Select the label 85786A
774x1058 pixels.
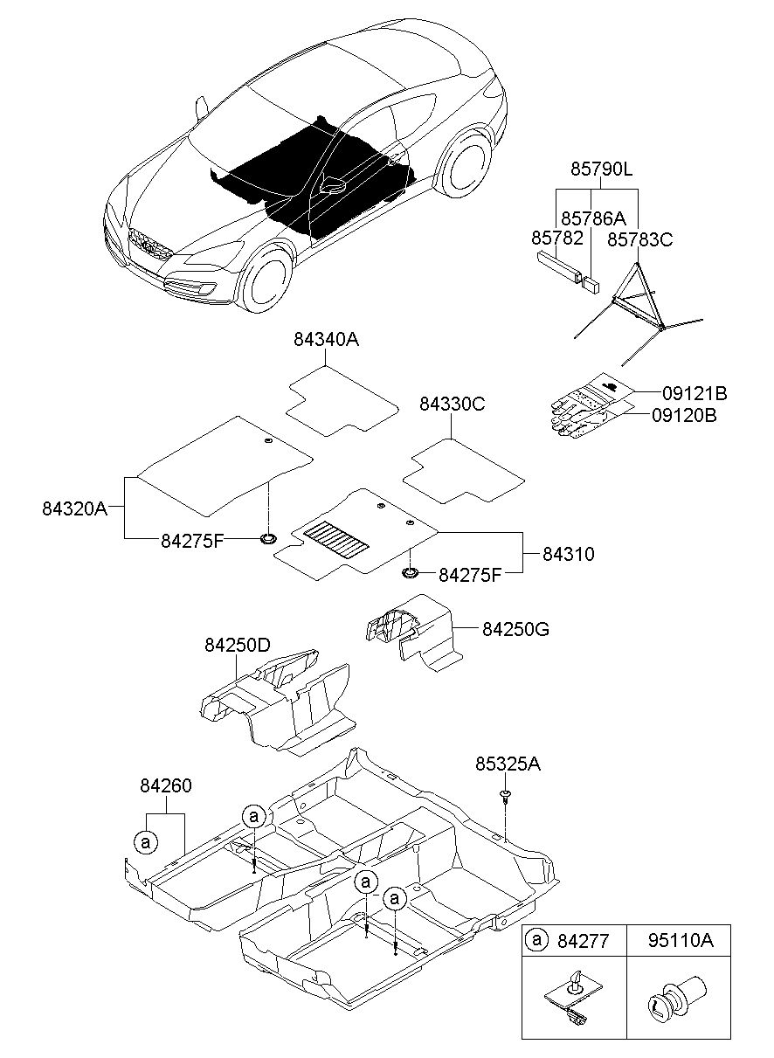tap(593, 218)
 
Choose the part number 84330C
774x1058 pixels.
tap(451, 405)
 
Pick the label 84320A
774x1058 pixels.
tap(74, 507)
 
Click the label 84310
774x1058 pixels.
tap(569, 553)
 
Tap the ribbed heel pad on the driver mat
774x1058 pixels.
tap(333, 537)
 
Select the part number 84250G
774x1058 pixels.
tap(515, 628)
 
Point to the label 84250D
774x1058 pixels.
tap(238, 646)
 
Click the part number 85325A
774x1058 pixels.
tap(508, 764)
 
